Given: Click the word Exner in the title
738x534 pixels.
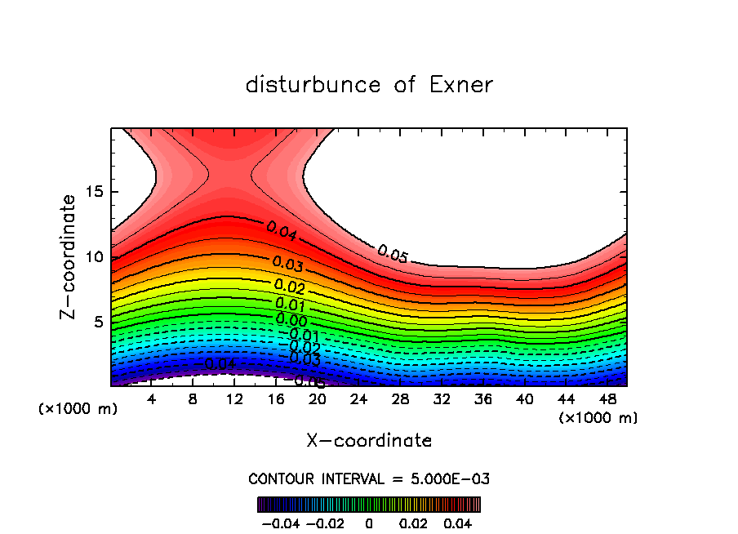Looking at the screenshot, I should tap(460, 85).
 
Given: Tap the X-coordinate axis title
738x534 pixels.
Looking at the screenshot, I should tap(369, 441).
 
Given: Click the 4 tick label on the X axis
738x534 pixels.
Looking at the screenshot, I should tap(151, 399).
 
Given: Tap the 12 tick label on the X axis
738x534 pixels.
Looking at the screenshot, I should tap(234, 399).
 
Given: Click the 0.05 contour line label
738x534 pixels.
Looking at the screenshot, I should tap(392, 254).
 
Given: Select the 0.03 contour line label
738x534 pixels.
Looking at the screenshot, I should tap(288, 264).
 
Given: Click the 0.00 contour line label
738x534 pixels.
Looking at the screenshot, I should tap(291, 319).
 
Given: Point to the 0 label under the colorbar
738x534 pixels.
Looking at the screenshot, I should tap(369, 523).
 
